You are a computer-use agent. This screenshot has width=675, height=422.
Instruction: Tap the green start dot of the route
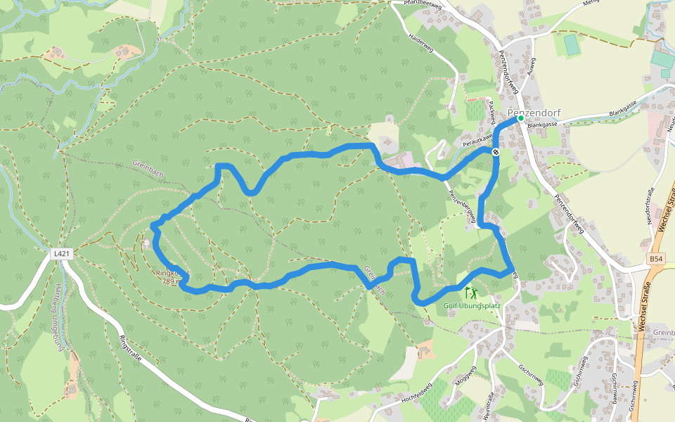pyautogui.click(x=521, y=119)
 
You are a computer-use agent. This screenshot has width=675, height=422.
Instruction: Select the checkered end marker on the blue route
pyautogui.click(x=496, y=152)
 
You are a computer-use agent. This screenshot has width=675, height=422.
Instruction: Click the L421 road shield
pyautogui.click(x=62, y=252)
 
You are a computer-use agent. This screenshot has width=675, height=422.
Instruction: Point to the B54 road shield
pyautogui.click(x=655, y=259)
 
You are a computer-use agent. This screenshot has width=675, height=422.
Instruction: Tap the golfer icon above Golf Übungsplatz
pyautogui.click(x=469, y=291)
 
